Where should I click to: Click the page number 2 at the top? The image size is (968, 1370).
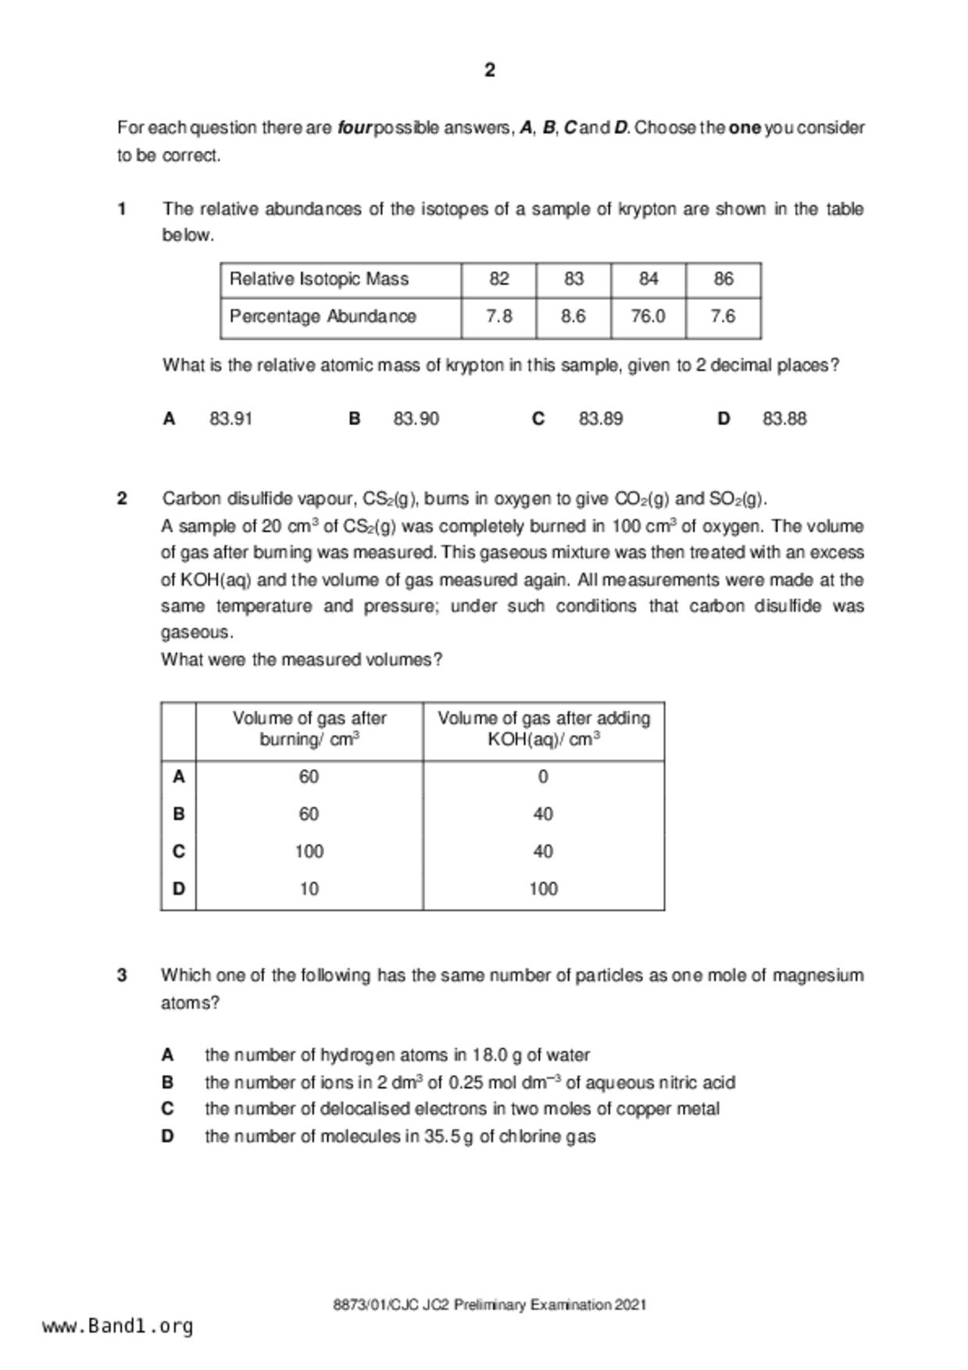coord(490,70)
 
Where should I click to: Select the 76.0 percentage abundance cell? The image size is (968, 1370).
coord(648,316)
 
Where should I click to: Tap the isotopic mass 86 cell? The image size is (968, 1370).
coord(723,279)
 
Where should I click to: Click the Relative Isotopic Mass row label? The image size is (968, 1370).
coord(319,279)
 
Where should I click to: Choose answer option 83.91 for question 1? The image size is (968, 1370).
coord(230,419)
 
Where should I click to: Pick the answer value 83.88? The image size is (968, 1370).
coord(784,419)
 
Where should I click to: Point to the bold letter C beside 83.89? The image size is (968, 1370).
coord(538,419)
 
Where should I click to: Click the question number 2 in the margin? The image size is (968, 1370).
coord(122,498)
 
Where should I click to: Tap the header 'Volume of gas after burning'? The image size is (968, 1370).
coord(309,729)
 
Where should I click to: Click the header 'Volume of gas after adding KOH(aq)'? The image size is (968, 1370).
coord(544,729)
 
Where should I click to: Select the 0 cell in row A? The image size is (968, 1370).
coord(543,777)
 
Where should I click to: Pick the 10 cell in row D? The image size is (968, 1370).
coord(309,889)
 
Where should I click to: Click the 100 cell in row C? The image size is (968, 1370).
coord(309,851)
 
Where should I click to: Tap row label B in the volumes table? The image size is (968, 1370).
coord(179,814)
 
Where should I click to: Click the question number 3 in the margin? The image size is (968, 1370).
coord(122,975)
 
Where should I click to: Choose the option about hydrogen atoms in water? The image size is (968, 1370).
coord(397,1055)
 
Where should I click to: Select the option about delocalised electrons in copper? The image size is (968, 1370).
coord(462,1109)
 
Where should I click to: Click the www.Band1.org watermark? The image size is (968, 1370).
coord(118,1326)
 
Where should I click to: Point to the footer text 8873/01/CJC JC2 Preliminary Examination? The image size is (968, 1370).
coord(490,1304)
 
